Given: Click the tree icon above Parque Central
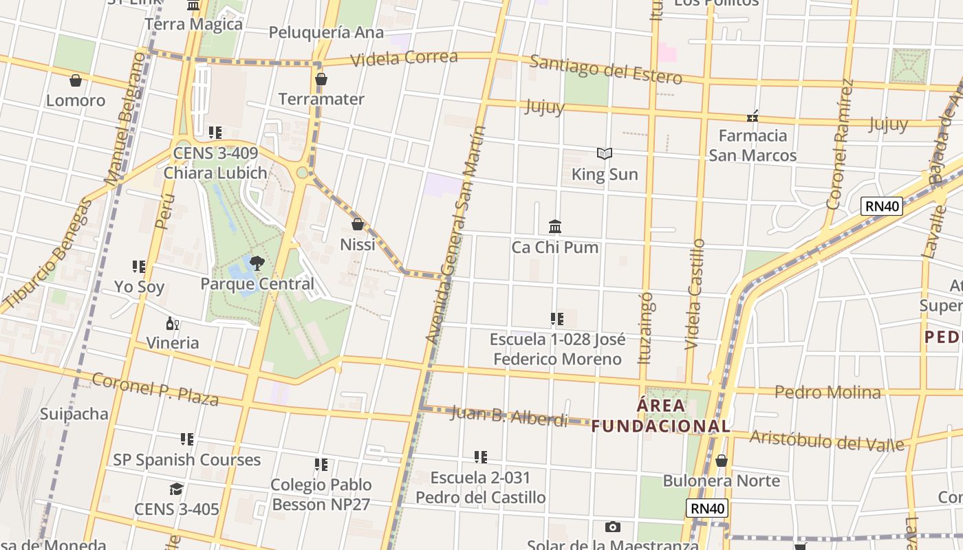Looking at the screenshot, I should coord(257,263).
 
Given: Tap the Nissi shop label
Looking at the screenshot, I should coord(358,244).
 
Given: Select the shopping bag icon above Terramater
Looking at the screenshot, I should coord(321,80).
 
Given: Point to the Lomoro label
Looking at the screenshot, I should coord(76,100).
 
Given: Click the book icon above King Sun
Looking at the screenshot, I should coord(605,153).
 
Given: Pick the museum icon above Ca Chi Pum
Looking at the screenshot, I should coord(554,226).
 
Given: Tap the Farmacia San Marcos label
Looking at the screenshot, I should coord(753,145).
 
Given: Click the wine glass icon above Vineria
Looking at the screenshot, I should coord(172,323).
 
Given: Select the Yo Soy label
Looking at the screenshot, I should coord(139,286).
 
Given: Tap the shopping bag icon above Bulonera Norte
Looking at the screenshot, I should coord(722,461).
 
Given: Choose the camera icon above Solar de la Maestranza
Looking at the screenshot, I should coord(612,527).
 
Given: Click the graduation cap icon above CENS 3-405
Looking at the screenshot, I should coord(176,489).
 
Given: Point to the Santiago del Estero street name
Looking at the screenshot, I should coord(605,69).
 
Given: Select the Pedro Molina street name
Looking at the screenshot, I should coord(827,393).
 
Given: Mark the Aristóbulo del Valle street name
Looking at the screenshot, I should coord(827,440).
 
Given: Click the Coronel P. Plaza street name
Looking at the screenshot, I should coord(155,390).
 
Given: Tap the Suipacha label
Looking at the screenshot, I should coord(74,414).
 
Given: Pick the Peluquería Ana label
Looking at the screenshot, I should coord(326,32).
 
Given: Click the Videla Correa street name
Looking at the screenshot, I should coord(404,58).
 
